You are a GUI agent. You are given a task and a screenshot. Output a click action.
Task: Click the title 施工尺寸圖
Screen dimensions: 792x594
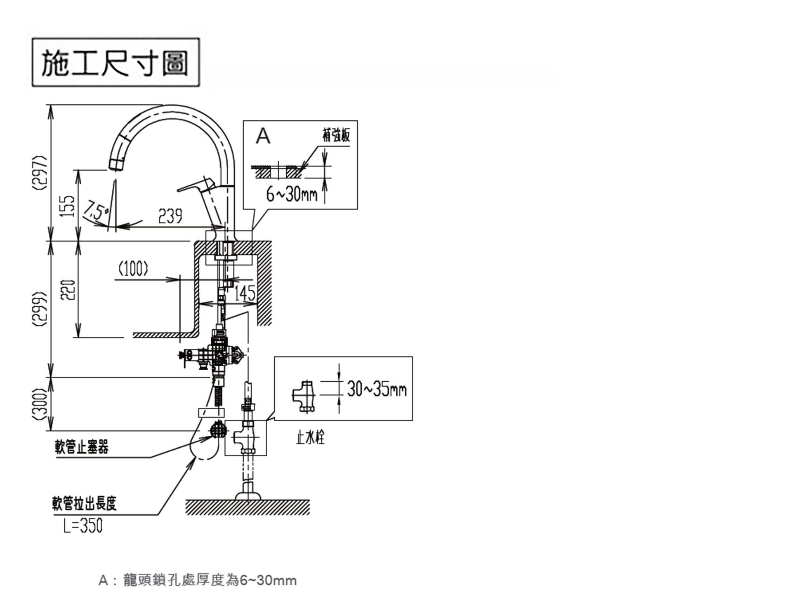pos(115,63)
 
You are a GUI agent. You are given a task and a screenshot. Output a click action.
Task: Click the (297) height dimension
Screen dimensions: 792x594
pos(40,172)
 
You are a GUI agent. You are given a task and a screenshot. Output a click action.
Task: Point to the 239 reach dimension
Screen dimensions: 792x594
pos(170,216)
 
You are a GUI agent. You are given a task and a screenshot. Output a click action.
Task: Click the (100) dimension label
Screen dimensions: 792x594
pos(133,269)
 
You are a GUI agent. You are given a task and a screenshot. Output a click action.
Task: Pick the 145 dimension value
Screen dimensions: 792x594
pos(245,293)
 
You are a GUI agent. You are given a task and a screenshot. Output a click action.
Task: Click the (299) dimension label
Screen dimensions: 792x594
pos(40,309)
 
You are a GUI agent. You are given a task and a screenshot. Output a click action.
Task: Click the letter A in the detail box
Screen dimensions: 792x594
pos(263,136)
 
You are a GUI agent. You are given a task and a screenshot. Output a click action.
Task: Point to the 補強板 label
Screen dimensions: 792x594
pos(336,135)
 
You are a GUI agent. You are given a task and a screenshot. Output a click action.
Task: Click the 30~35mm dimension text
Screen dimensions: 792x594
pos(377,389)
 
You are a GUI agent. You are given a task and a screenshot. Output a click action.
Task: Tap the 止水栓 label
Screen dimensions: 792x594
pos(310,437)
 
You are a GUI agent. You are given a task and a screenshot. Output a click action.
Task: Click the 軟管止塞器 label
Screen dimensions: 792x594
pos(82,447)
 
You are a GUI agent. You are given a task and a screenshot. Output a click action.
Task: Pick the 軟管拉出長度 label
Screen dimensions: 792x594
pos(85,504)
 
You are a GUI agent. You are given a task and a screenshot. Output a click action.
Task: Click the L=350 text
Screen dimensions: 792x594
pos(83,526)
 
